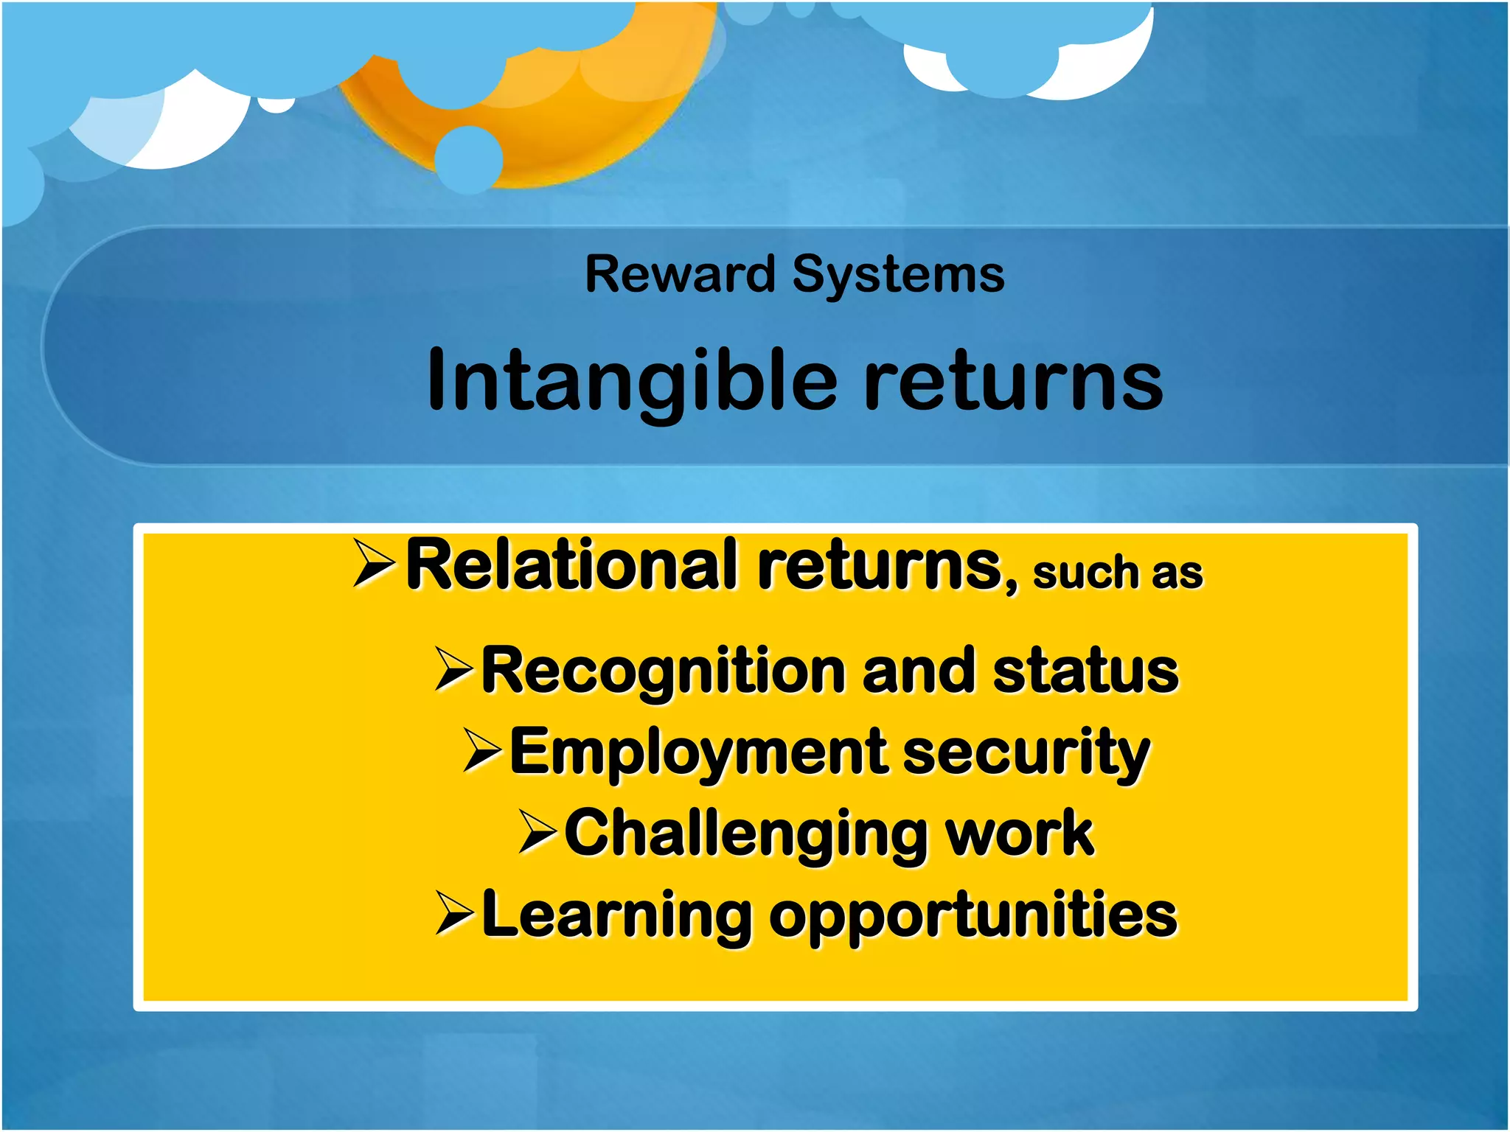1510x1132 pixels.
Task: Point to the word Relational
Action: pyautogui.click(x=572, y=565)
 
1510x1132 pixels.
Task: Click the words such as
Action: pyautogui.click(x=1117, y=573)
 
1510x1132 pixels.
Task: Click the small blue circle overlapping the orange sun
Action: pyautogui.click(x=469, y=159)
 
